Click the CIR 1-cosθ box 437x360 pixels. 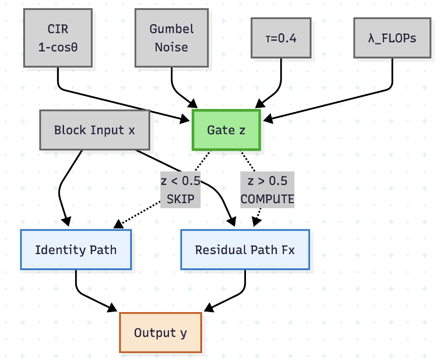[58, 38]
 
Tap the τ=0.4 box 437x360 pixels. [281, 38]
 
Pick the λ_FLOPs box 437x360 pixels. [392, 38]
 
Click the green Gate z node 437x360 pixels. [226, 130]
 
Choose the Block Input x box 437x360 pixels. [94, 130]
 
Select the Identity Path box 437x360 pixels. [76, 250]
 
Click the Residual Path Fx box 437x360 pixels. [245, 250]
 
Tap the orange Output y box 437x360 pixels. [160, 332]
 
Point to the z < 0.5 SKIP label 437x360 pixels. [180, 190]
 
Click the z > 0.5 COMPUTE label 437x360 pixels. [267, 190]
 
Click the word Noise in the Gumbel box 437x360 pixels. [171, 47]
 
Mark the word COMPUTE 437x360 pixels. [267, 199]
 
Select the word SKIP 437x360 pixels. [180, 199]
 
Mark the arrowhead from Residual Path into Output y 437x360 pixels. [207, 309]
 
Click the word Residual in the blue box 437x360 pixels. [218, 250]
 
